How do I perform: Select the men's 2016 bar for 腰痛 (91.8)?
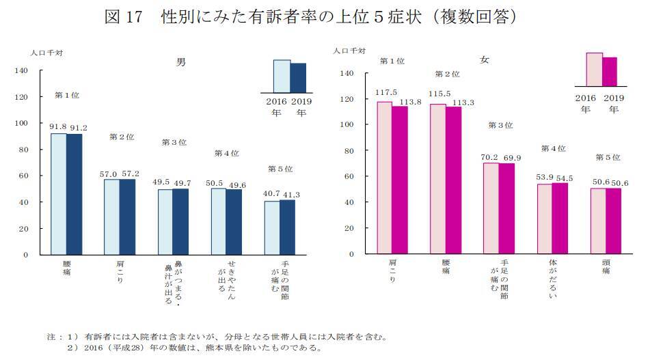tap(59, 194)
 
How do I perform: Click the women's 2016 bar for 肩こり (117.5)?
tap(385, 178)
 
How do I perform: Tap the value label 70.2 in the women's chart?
tap(491, 157)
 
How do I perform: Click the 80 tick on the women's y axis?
tap(349, 150)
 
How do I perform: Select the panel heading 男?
tap(180, 61)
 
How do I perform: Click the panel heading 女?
tap(484, 60)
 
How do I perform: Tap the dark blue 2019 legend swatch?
tap(298, 77)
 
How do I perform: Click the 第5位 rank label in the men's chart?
tap(279, 169)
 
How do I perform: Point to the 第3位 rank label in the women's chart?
tap(500, 126)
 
